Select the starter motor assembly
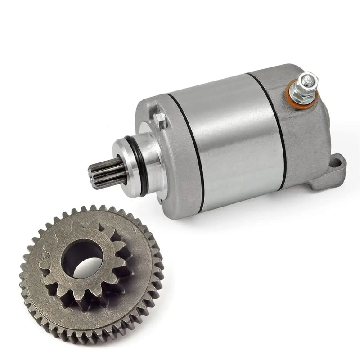point(225,135)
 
